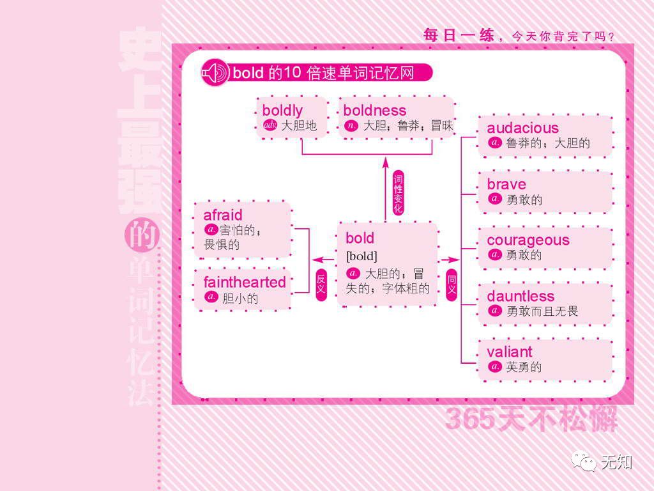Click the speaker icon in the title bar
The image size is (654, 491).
click(x=215, y=74)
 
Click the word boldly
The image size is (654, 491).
click(x=282, y=110)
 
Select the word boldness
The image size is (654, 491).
click(x=374, y=110)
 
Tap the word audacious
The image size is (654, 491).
click(x=522, y=128)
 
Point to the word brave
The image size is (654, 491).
click(x=506, y=184)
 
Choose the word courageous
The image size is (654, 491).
click(x=528, y=240)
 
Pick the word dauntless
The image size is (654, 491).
click(x=521, y=296)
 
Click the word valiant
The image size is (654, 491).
click(x=509, y=352)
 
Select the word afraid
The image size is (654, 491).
click(x=223, y=215)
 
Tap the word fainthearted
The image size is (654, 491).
click(x=245, y=282)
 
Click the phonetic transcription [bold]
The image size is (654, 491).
click(x=361, y=256)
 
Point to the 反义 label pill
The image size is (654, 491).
click(x=321, y=284)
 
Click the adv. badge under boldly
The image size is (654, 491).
click(x=270, y=125)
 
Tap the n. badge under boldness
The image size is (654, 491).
click(x=351, y=125)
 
